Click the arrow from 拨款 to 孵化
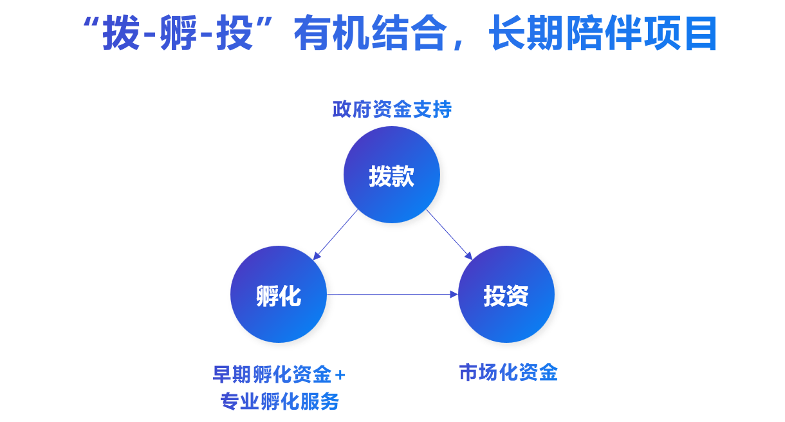[x=335, y=234]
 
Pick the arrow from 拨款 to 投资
[x=449, y=234]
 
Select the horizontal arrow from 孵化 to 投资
[x=392, y=295]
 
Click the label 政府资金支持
[x=392, y=109]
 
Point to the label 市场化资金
[x=508, y=372]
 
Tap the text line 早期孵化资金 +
[x=279, y=374]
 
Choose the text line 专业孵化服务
[x=279, y=402]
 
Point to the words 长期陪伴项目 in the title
[x=603, y=34]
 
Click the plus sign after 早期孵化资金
[x=340, y=374]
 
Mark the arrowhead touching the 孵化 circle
[x=316, y=256]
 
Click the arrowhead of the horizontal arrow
[x=454, y=295]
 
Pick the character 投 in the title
[x=235, y=34]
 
